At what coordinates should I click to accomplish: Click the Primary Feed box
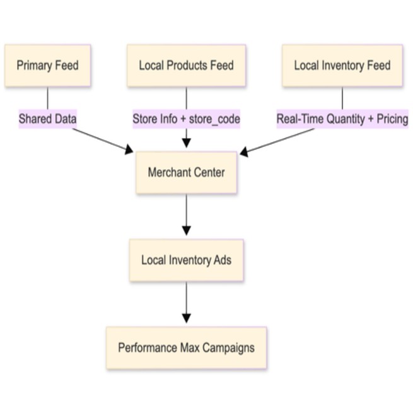click(47, 66)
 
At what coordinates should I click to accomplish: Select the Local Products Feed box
click(186, 66)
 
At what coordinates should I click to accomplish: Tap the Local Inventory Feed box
click(342, 66)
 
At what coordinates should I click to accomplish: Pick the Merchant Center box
click(186, 172)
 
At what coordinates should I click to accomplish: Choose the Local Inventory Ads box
click(186, 260)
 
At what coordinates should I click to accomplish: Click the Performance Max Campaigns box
click(186, 347)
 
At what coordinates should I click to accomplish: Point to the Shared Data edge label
click(47, 119)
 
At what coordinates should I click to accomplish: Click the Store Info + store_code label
click(186, 119)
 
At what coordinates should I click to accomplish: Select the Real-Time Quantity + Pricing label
click(342, 119)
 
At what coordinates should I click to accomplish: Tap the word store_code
click(214, 119)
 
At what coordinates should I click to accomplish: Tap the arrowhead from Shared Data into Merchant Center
click(129, 150)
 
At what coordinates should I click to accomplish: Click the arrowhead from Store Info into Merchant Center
click(186, 143)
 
